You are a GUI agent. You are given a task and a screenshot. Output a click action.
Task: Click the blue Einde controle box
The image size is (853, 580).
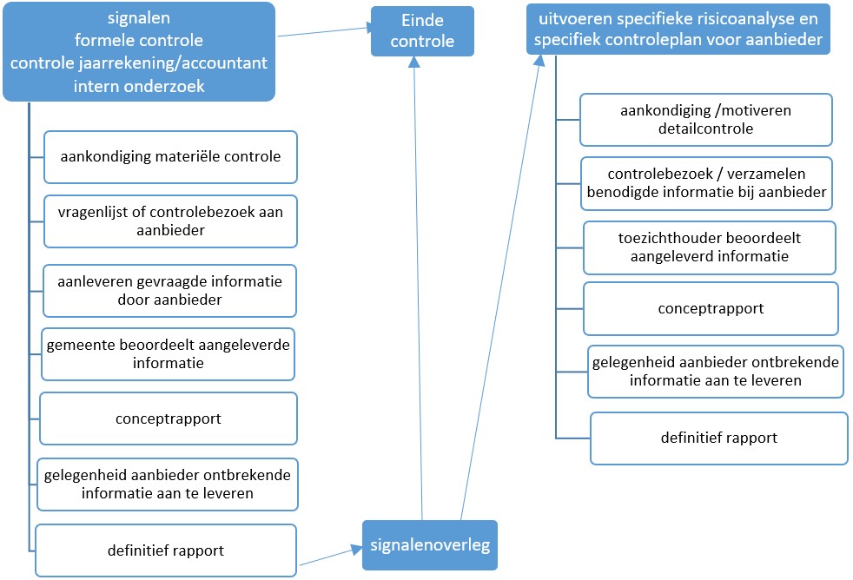(422, 30)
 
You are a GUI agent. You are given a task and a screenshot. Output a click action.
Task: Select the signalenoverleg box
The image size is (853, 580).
(429, 544)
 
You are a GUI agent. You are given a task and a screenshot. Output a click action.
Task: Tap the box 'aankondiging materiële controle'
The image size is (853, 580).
(170, 157)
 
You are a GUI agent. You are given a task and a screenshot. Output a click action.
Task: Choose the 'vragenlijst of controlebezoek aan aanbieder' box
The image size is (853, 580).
(170, 221)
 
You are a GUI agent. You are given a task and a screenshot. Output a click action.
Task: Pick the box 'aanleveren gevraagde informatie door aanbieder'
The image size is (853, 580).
(169, 290)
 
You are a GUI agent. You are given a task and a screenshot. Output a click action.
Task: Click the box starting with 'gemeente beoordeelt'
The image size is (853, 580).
(169, 353)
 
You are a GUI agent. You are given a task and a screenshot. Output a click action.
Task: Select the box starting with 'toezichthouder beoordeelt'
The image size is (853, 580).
(710, 247)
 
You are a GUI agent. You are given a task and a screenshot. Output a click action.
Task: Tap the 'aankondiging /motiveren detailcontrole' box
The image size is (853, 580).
(705, 120)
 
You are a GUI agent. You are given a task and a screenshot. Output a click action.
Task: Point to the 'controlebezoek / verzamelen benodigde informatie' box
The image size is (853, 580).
(705, 183)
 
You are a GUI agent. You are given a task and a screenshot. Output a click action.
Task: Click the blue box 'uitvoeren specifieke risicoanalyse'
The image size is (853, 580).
(678, 29)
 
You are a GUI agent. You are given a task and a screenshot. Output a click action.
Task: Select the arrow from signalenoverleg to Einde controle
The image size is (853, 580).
(419, 287)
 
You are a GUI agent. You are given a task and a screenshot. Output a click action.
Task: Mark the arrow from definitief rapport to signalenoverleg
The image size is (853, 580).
(330, 557)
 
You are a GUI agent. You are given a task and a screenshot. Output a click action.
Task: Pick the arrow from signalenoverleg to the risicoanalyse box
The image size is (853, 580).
(500, 287)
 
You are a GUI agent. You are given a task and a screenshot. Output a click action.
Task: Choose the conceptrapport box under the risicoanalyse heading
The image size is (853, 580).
(711, 308)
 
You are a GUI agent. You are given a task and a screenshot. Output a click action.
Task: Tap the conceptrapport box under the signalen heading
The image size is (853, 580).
(169, 419)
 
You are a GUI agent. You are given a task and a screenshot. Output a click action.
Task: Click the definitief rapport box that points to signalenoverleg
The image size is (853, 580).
(167, 550)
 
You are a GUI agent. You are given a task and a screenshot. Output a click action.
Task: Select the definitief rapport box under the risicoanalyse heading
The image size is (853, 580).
(718, 438)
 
